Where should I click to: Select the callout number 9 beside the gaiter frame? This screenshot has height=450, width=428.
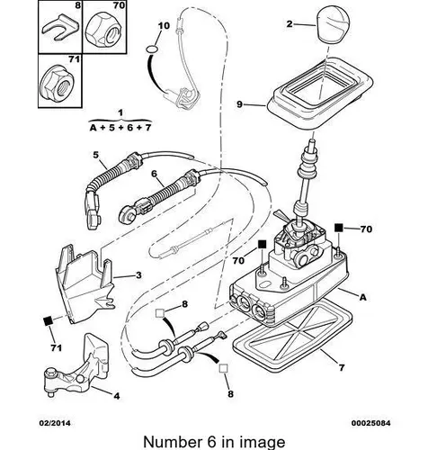pos(239,104)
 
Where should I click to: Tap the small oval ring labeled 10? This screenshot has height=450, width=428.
pos(152,48)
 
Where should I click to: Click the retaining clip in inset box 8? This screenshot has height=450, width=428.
pos(61,28)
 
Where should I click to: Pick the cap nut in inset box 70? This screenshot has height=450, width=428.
pos(103,29)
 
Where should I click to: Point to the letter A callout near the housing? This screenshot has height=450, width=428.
pos(363,297)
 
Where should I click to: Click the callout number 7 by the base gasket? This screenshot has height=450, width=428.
pos(342,367)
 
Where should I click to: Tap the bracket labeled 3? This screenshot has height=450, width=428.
pos(85,283)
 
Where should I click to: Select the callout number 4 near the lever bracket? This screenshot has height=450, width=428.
pos(117,396)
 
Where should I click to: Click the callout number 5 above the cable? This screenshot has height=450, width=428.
pos(95,155)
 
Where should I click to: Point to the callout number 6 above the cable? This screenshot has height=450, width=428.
pos(154,174)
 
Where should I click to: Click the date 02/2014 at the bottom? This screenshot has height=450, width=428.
pos(55,423)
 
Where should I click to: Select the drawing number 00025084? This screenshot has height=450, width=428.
pos(371,423)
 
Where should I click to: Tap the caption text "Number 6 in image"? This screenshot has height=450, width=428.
pos(214,442)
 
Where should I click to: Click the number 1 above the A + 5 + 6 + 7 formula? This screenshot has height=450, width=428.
pos(120,113)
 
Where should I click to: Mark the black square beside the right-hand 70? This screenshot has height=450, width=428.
pos(339,228)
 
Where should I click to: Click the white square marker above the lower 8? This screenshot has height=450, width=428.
pos(224,368)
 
